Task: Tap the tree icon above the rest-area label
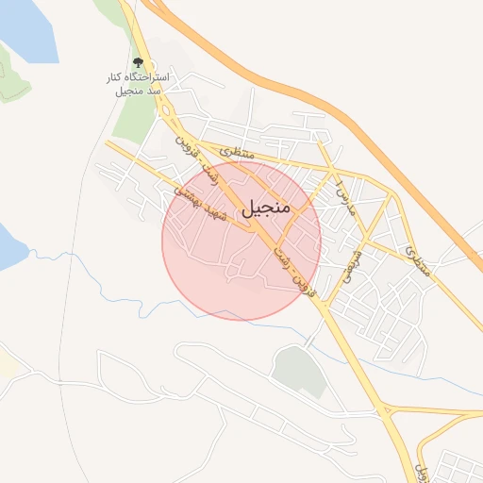coord(139,60)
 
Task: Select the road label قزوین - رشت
coord(291,269)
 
